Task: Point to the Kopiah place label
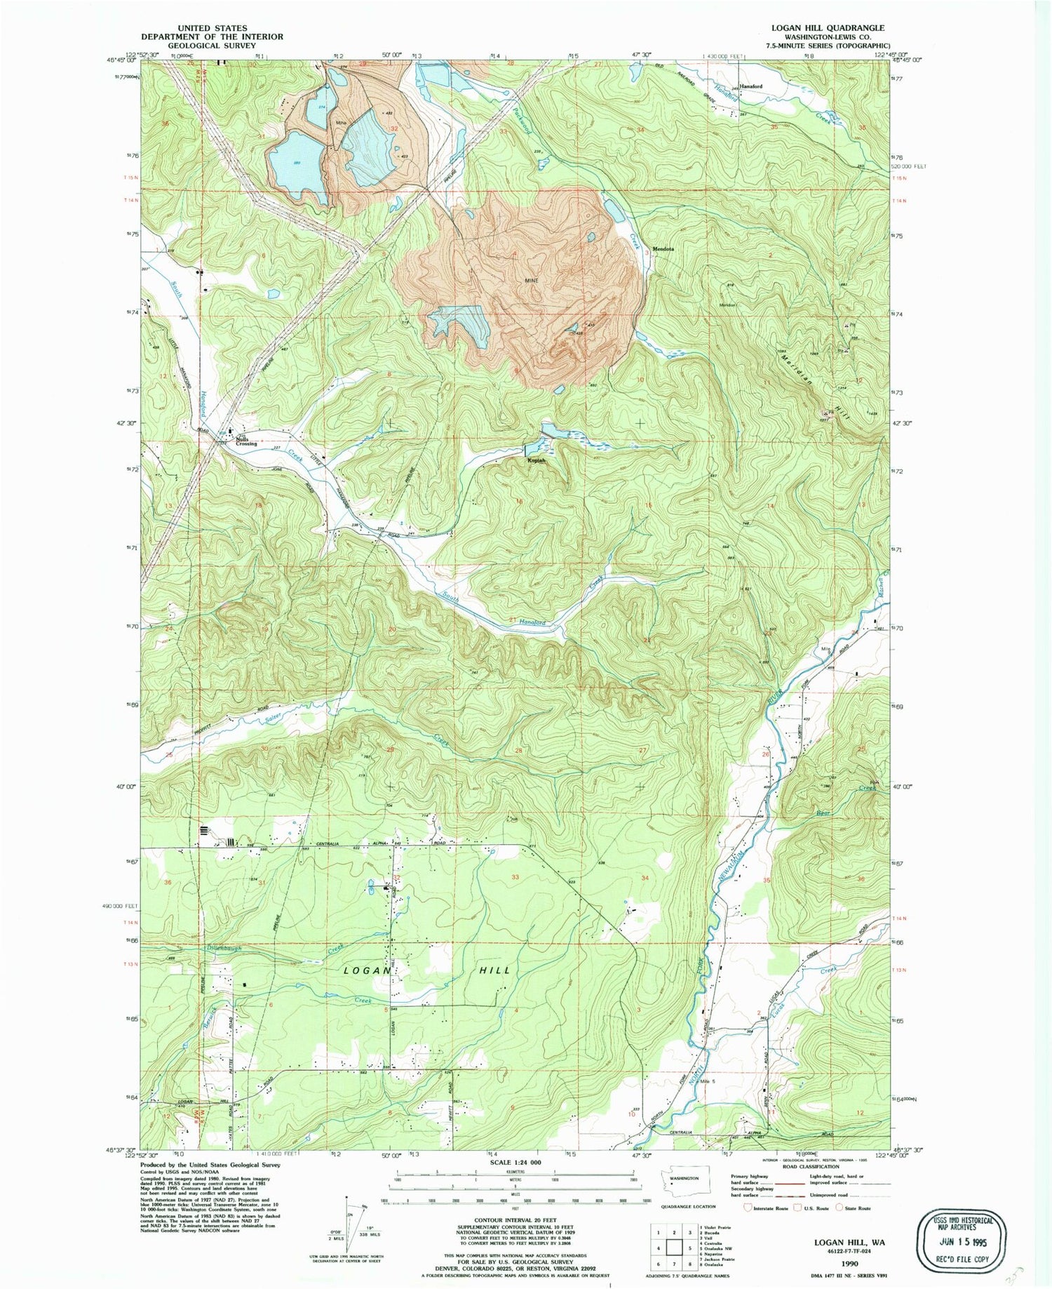(537, 461)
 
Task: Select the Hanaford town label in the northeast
(750, 86)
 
